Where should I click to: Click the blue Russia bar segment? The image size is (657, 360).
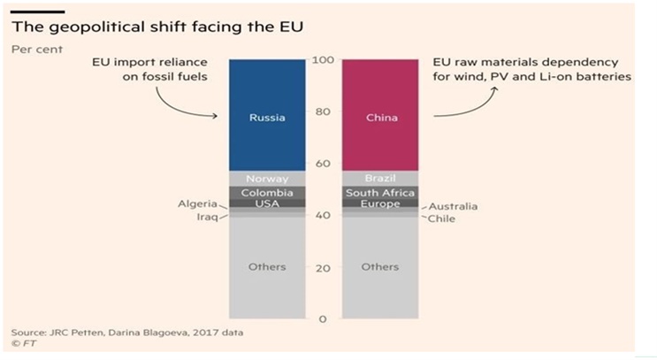coord(266,116)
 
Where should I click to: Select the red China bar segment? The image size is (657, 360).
coord(379,116)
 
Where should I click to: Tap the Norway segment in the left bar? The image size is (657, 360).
coord(266,179)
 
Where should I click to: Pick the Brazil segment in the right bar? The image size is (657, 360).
coord(379,179)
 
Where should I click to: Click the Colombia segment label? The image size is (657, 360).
coord(266,192)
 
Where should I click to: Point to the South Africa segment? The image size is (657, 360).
coord(379,192)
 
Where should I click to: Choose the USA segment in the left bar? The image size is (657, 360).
coord(266,203)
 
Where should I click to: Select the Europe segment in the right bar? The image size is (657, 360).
coord(379,203)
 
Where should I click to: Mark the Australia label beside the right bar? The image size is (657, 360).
coord(454,206)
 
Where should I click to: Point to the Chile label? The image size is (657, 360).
coord(441,218)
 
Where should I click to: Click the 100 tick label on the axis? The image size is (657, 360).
coord(323,60)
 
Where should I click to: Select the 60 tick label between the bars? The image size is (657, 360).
coord(323,164)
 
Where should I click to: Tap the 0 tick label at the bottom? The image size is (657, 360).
coord(323,318)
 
